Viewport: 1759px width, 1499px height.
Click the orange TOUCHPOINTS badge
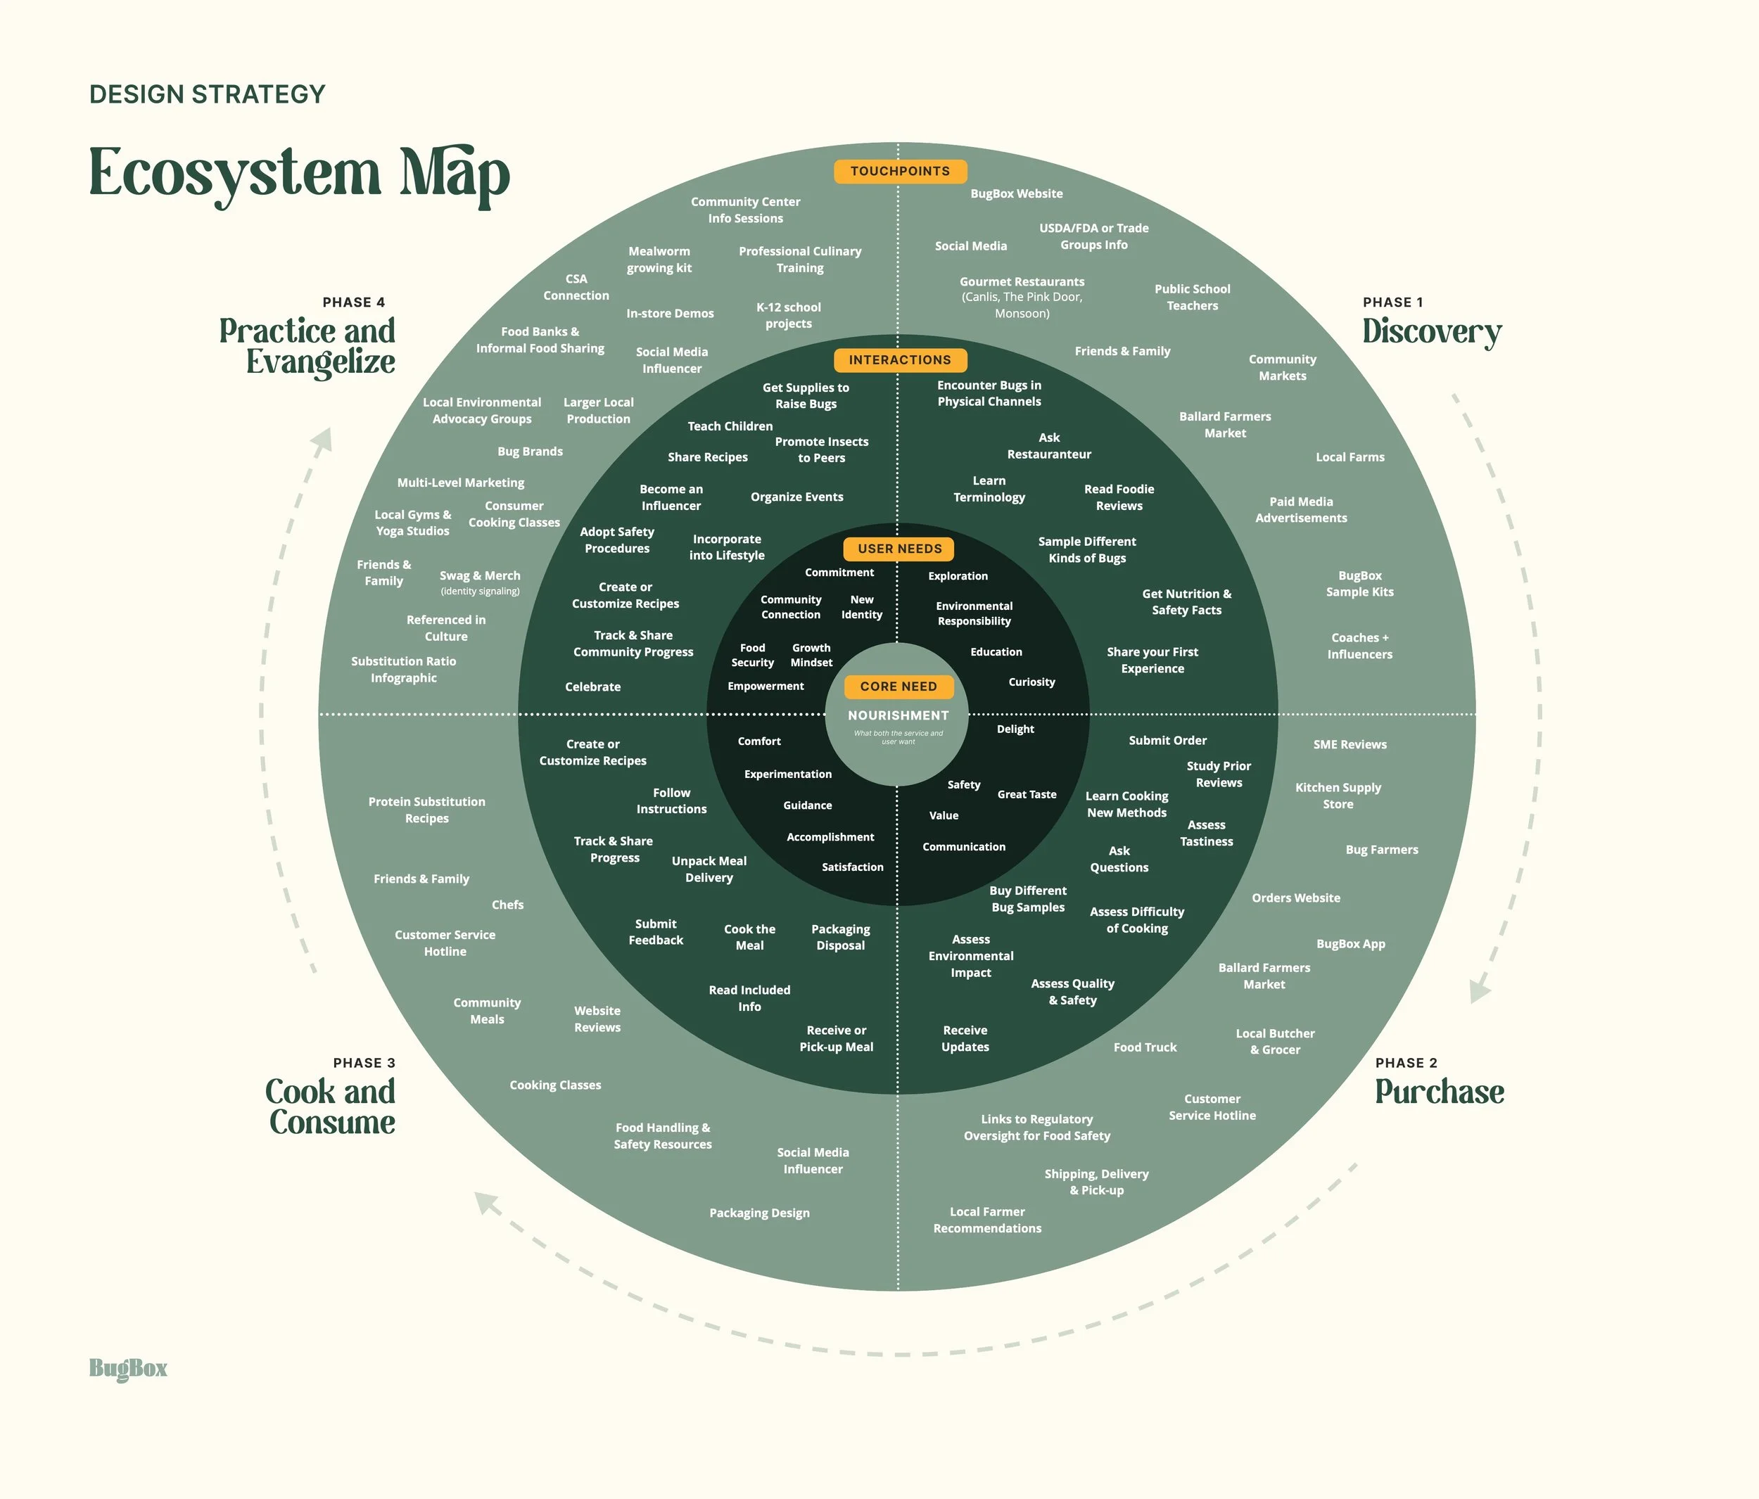click(x=900, y=172)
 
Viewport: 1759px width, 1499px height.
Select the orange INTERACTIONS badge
click(x=900, y=360)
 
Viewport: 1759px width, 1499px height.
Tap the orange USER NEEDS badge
click(x=899, y=549)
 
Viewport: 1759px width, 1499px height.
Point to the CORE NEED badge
click(x=898, y=687)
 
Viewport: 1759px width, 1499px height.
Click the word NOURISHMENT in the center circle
click(x=898, y=715)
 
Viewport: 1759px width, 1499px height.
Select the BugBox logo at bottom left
click(x=128, y=1368)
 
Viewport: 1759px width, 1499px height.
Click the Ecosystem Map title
click(x=299, y=174)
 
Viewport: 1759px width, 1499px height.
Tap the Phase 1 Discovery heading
click(x=1431, y=331)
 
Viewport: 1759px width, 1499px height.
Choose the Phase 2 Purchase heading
click(x=1439, y=1092)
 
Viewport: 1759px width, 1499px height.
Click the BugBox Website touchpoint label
click(x=1016, y=193)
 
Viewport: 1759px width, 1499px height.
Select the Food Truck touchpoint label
click(x=1144, y=1047)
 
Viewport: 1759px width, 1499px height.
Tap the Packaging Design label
click(x=759, y=1213)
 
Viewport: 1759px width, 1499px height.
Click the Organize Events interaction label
click(x=796, y=497)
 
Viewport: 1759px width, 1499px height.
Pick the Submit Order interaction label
click(x=1167, y=740)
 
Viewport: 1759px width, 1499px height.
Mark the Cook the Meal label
click(x=749, y=937)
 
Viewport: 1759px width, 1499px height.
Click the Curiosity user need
click(x=1031, y=682)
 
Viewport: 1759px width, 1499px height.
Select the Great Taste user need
click(x=1027, y=794)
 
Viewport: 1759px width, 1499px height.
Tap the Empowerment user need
click(x=765, y=686)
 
